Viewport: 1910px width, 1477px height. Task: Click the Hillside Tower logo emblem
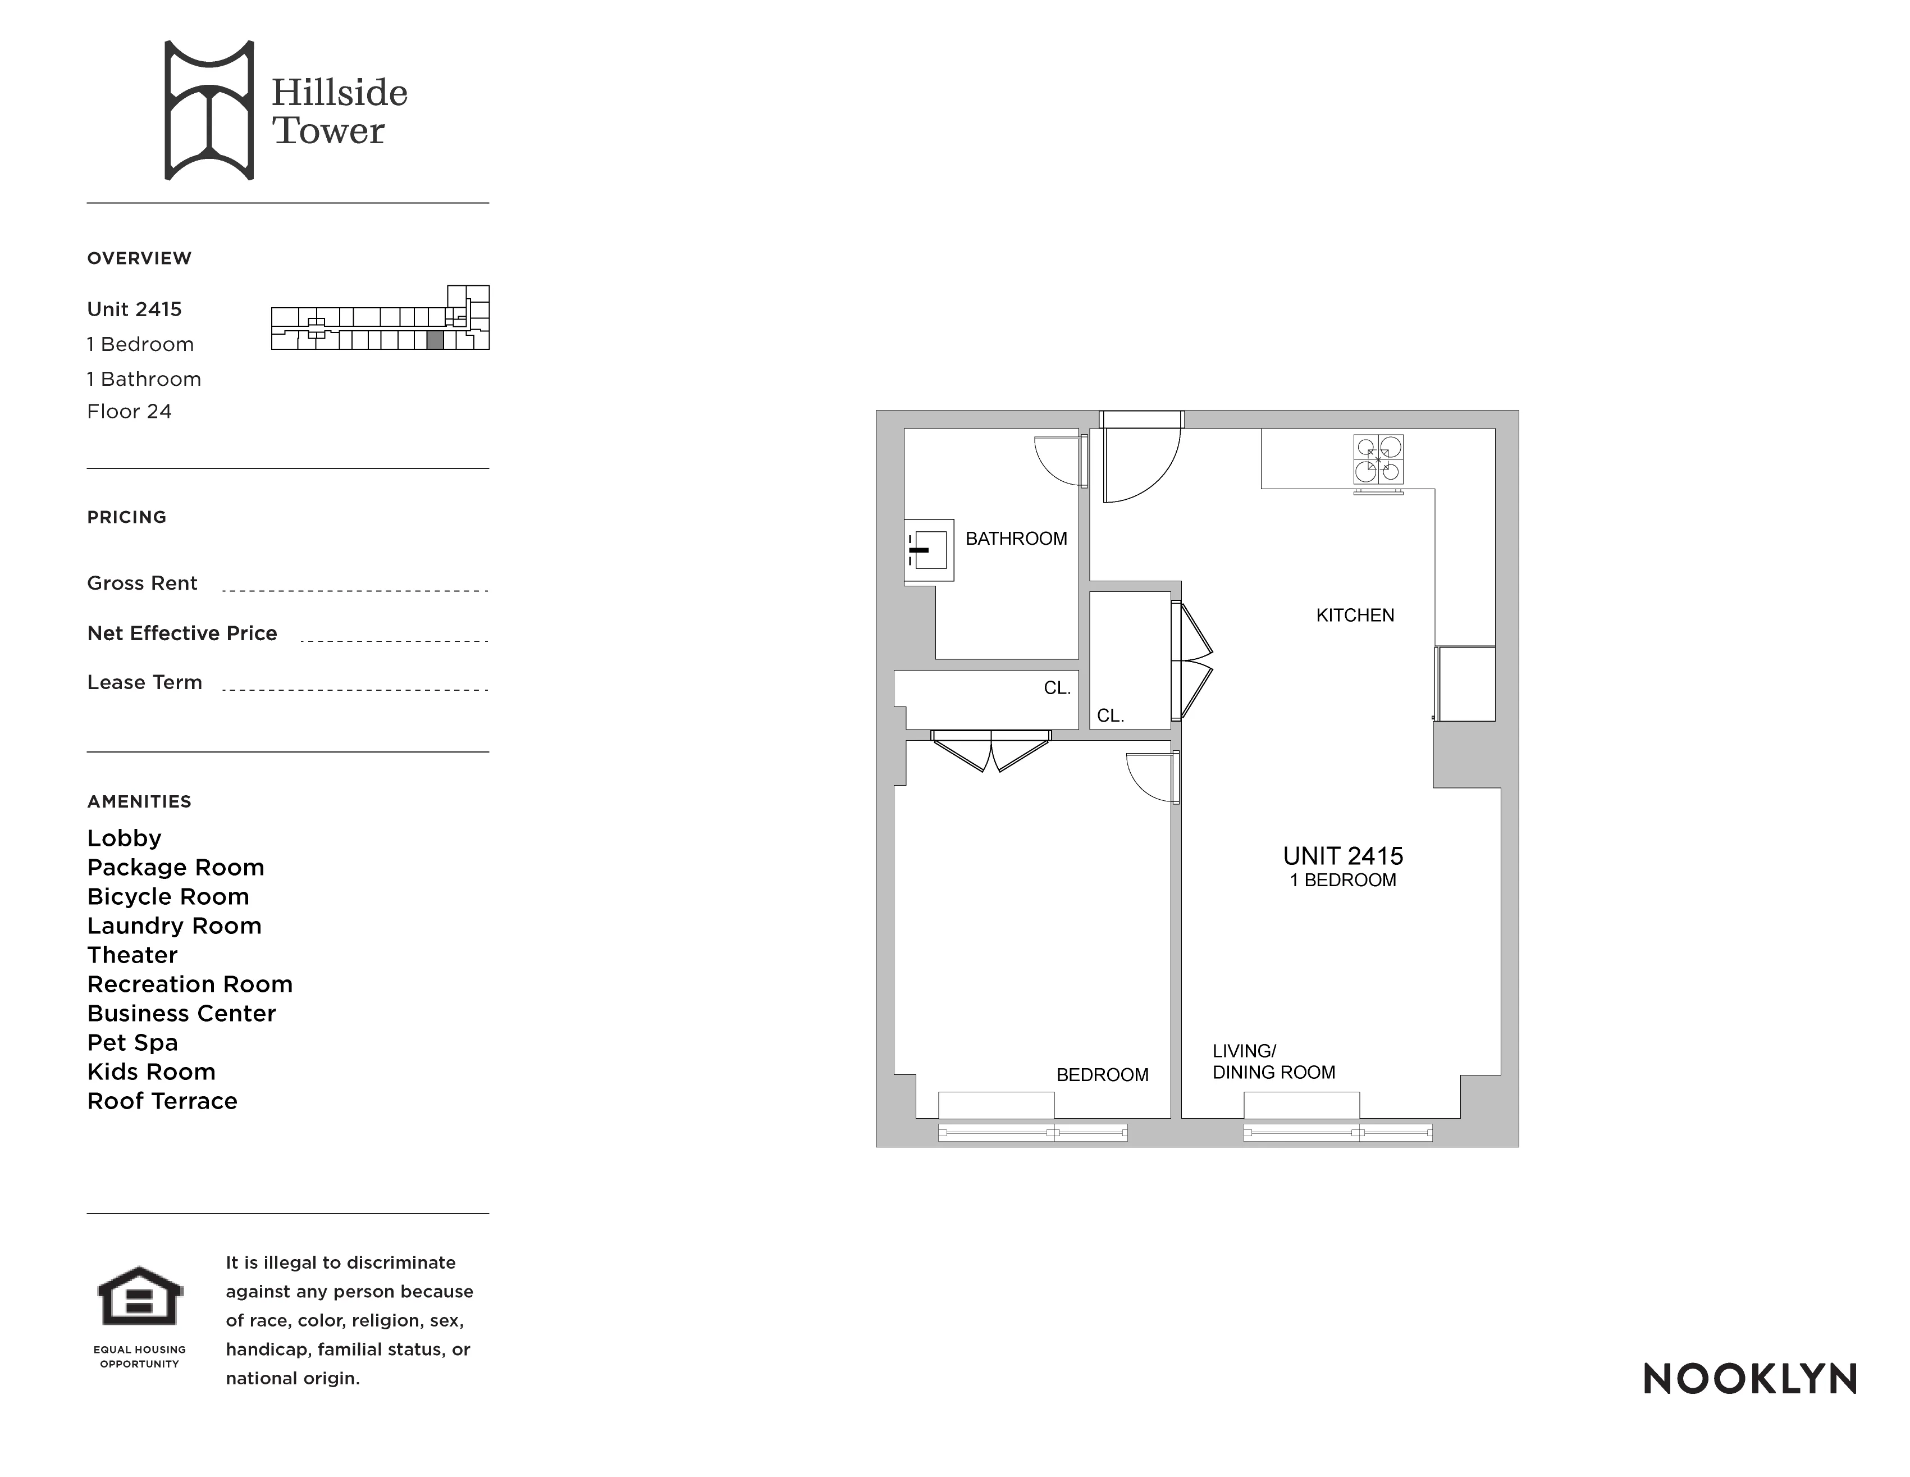coord(209,110)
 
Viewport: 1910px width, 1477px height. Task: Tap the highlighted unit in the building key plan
coord(435,340)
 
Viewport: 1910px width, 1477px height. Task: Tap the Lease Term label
coord(144,682)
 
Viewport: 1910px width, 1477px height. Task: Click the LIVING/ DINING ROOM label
coord(1273,1062)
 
